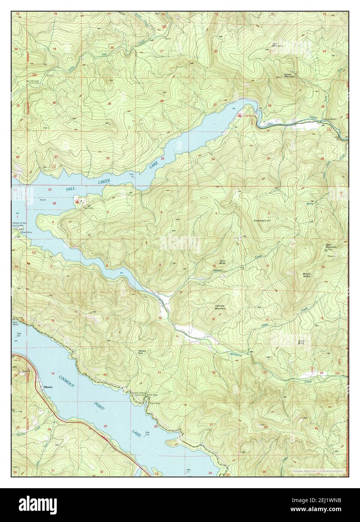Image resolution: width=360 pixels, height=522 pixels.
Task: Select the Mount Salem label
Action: coord(309,275)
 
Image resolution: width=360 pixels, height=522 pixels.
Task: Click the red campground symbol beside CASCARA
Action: coord(239,116)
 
